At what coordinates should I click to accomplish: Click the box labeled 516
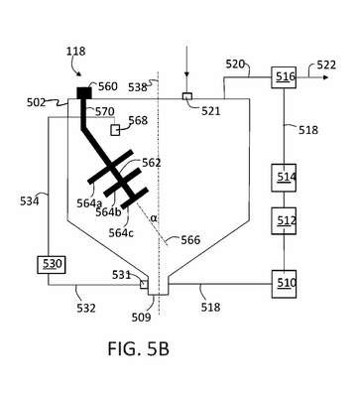pyautogui.click(x=284, y=77)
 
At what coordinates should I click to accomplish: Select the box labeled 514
pyautogui.click(x=284, y=178)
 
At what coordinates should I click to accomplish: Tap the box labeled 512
pyautogui.click(x=284, y=220)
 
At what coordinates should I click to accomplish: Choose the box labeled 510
pyautogui.click(x=284, y=284)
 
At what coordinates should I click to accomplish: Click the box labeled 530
pyautogui.click(x=52, y=265)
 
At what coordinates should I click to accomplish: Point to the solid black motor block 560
pyautogui.click(x=84, y=93)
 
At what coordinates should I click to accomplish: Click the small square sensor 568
pyautogui.click(x=115, y=130)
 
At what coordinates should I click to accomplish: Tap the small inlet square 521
pyautogui.click(x=187, y=96)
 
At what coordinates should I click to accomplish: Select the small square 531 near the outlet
pyautogui.click(x=144, y=285)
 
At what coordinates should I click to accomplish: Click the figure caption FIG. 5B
pyautogui.click(x=139, y=348)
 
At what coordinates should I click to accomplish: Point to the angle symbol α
pyautogui.click(x=154, y=217)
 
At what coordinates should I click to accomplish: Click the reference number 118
pyautogui.click(x=75, y=52)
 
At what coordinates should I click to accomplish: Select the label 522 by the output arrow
pyautogui.click(x=326, y=65)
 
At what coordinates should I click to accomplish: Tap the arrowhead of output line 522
pyautogui.click(x=325, y=77)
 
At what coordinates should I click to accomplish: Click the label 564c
pyautogui.click(x=121, y=233)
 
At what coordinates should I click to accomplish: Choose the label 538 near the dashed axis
pyautogui.click(x=138, y=87)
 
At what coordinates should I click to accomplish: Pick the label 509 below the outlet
pyautogui.click(x=141, y=318)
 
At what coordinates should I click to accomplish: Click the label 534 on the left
pyautogui.click(x=30, y=201)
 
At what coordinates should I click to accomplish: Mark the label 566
pyautogui.click(x=190, y=240)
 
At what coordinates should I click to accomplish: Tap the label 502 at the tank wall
pyautogui.click(x=37, y=102)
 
